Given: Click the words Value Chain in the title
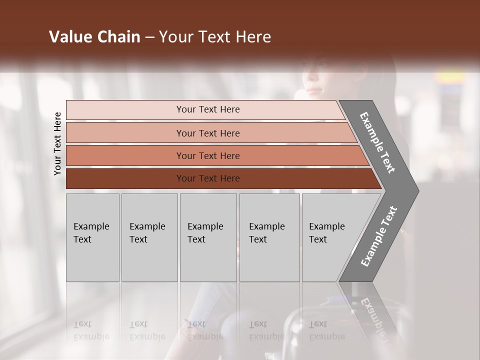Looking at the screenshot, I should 94,37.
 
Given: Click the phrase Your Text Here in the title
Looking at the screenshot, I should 215,37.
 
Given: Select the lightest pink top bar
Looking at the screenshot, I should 125,110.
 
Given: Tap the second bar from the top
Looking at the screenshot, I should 125,133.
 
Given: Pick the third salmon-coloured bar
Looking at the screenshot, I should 125,156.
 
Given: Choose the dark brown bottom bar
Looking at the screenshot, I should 125,178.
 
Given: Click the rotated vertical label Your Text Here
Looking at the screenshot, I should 57,143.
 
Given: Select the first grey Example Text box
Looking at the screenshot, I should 92,237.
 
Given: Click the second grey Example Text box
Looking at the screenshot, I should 149,237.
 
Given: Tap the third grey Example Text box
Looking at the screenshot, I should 208,237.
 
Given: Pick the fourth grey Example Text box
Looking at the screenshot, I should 269,237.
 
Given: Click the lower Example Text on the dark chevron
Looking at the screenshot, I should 378,236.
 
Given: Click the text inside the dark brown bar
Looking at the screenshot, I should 208,178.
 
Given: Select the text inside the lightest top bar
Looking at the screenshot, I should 208,109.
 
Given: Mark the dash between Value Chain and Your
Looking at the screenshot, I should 149,37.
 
